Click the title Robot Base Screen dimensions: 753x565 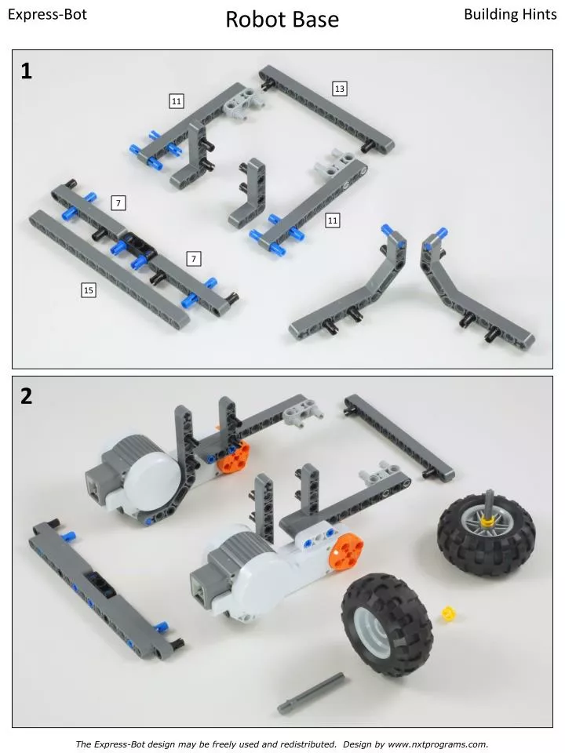pyautogui.click(x=282, y=20)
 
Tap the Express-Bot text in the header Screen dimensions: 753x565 pyautogui.click(x=47, y=15)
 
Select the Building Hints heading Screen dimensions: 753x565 pyautogui.click(x=510, y=15)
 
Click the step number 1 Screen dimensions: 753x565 pyautogui.click(x=27, y=71)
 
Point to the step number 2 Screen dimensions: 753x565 pyautogui.click(x=27, y=396)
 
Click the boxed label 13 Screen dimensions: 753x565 pyautogui.click(x=340, y=89)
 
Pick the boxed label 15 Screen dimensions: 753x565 pyautogui.click(x=89, y=291)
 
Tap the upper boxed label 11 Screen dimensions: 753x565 pyautogui.click(x=177, y=101)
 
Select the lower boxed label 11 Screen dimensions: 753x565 pyautogui.click(x=333, y=221)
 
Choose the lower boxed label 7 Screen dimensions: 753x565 pyautogui.click(x=194, y=259)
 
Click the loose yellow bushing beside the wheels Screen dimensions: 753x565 pyautogui.click(x=450, y=613)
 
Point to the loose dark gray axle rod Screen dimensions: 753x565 pyautogui.click(x=311, y=693)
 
